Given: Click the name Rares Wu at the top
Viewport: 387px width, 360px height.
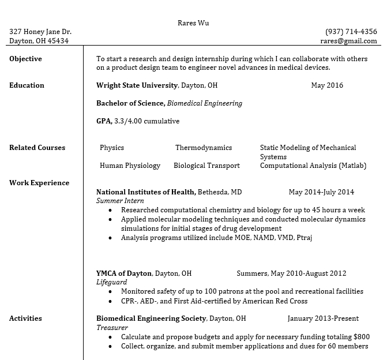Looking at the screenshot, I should (193, 23).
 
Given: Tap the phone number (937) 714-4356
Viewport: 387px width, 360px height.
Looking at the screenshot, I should (351, 32).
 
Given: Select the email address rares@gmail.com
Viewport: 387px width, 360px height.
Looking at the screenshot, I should (348, 41).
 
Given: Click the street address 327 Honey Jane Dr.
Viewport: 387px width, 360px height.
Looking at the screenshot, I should (40, 32).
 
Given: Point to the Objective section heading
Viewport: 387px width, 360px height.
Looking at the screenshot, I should (25, 59).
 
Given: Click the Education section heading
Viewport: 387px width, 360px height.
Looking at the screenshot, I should (27, 85).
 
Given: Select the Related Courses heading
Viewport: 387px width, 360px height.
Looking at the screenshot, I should (37, 148).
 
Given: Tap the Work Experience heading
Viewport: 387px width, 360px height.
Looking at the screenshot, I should (39, 183).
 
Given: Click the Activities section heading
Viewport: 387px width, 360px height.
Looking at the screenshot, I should (25, 318).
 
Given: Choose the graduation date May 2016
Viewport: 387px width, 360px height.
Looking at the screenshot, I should (326, 85).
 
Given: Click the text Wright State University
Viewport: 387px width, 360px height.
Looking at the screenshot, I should (137, 85).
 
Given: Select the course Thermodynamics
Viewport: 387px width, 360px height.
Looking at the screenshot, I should (204, 148).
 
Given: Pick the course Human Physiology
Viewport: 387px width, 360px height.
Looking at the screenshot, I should (130, 166).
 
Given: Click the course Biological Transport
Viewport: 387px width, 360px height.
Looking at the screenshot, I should (206, 166).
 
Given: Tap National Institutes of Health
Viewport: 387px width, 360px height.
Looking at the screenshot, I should (146, 192).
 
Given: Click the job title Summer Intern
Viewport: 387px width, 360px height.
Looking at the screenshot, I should (120, 201).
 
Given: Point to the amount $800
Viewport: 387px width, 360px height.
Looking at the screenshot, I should (362, 337).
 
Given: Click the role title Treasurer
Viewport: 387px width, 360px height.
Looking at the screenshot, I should (112, 328).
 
